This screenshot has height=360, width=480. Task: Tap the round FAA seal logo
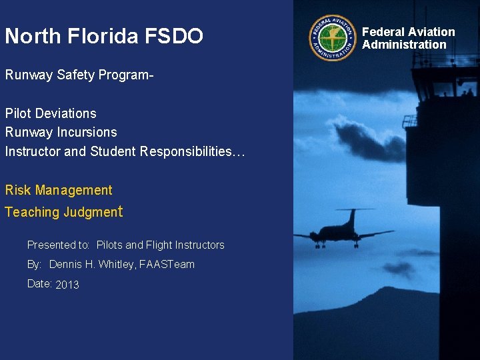(333, 38)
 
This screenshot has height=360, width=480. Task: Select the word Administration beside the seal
(404, 45)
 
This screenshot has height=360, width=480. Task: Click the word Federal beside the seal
(384, 32)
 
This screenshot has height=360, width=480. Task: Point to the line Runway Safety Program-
(79, 75)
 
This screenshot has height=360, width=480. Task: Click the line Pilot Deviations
(51, 113)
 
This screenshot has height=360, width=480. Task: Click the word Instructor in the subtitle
(33, 151)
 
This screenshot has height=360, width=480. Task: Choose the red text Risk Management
(59, 190)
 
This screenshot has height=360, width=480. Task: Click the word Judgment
(93, 212)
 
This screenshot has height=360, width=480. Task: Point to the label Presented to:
(59, 245)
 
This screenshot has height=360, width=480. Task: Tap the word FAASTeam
(167, 265)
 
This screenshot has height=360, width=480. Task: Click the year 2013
(67, 285)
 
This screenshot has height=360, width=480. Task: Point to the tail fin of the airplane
(351, 217)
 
